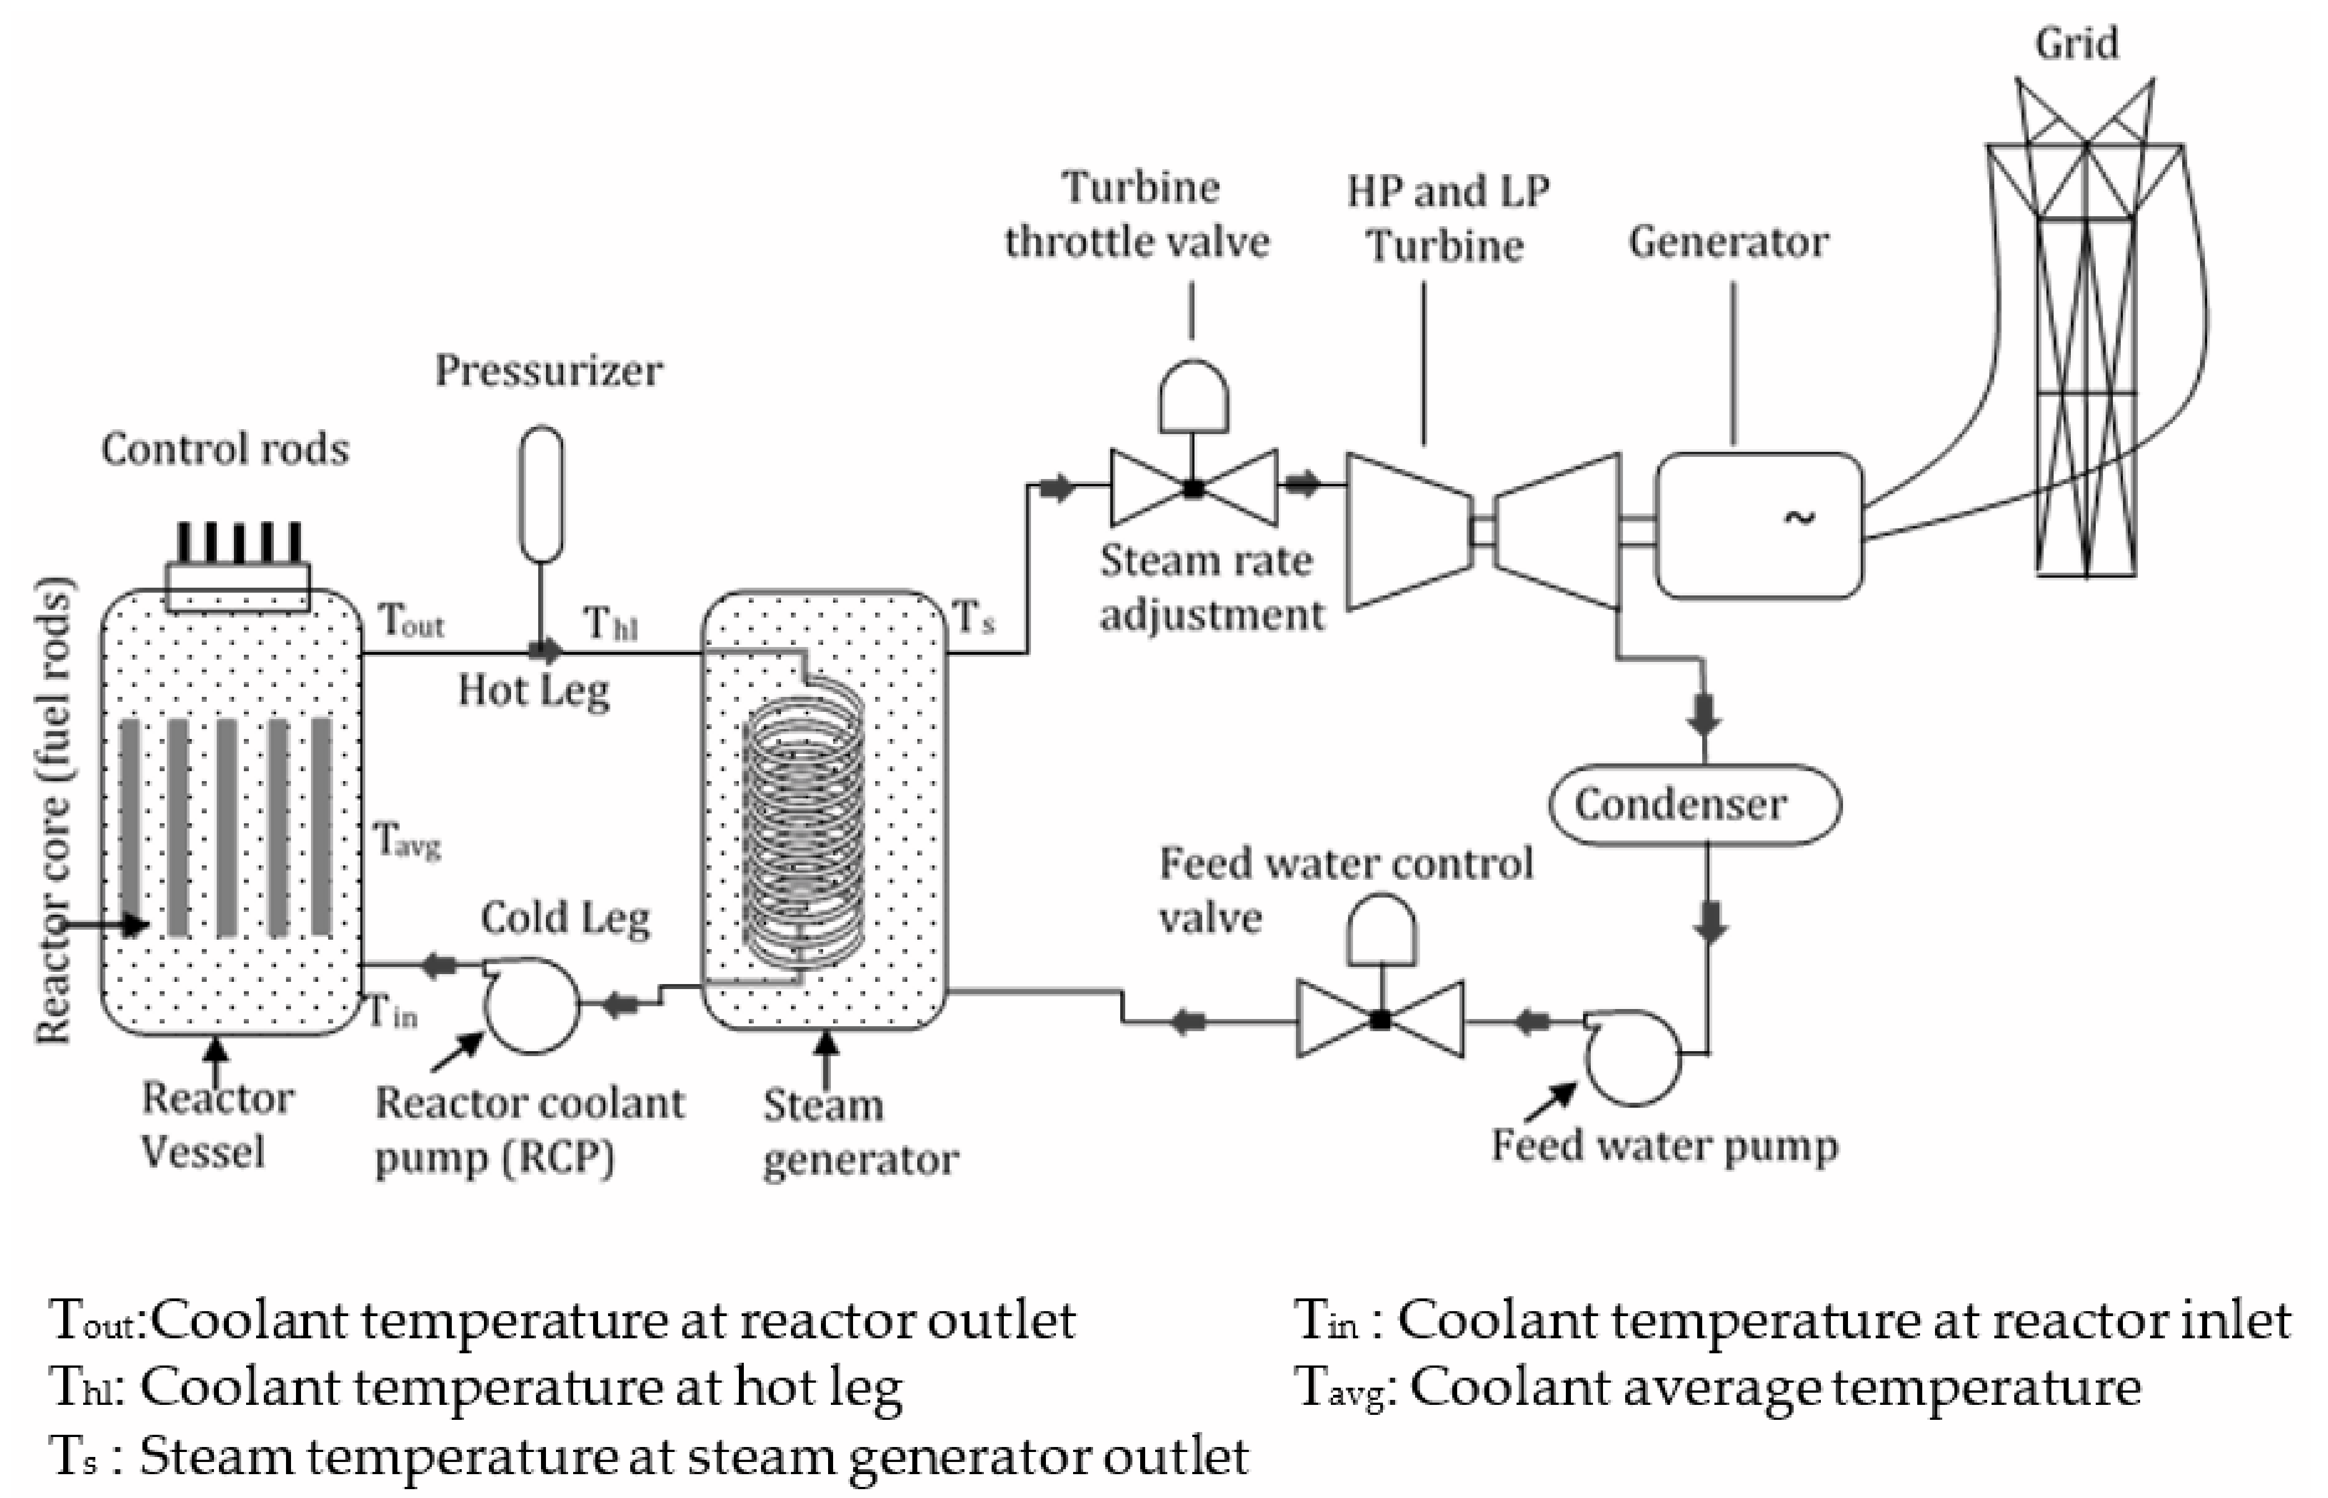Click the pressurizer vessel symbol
540,494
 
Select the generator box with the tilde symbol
1758,524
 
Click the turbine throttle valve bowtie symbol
1193,487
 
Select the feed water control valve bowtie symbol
1380,1020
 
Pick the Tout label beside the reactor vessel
410,620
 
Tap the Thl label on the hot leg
610,624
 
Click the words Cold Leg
565,918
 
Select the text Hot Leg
534,691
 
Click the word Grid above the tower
2076,44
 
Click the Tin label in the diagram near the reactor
392,1012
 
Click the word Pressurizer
548,370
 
